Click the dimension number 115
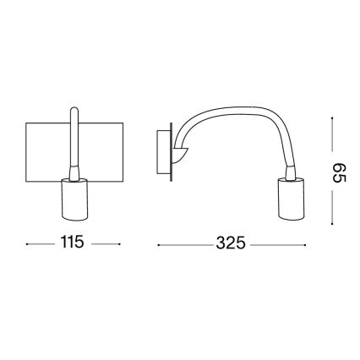click(73, 243)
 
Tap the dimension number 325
click(229, 243)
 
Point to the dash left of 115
click(38, 244)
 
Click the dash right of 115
click(106, 244)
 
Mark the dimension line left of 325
click(182, 244)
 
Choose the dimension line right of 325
click(272, 244)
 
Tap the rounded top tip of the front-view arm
click(74, 111)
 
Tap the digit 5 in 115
click(81, 243)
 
